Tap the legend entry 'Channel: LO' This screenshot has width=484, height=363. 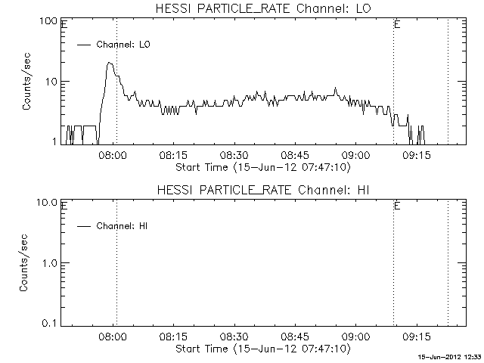click(x=124, y=45)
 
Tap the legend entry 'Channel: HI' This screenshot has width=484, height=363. click(x=124, y=226)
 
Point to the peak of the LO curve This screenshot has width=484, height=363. click(x=110, y=64)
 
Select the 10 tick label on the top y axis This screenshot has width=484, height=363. click(x=53, y=81)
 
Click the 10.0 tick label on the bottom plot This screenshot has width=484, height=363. click(x=48, y=202)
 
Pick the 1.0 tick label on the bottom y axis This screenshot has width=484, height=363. click(x=51, y=262)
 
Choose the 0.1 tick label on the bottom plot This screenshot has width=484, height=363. click(x=51, y=323)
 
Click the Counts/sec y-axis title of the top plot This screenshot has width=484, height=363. click(x=27, y=81)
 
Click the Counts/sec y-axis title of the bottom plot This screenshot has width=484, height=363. click(x=27, y=262)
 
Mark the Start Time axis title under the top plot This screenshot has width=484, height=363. click(x=262, y=166)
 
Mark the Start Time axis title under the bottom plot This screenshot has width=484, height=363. click(x=262, y=349)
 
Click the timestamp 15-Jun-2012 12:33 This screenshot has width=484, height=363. click(x=450, y=356)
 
